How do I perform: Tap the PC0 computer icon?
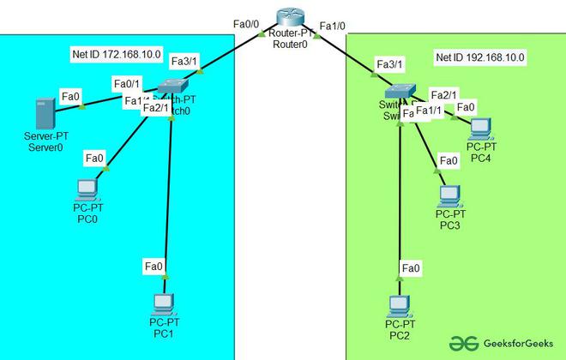pyautogui.click(x=86, y=188)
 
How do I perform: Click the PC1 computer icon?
pyautogui.click(x=160, y=303)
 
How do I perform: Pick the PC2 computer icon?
pyautogui.click(x=399, y=305)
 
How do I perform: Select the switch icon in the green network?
pyautogui.click(x=400, y=92)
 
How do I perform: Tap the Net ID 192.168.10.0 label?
pyautogui.click(x=479, y=58)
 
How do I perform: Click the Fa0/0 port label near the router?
pyautogui.click(x=246, y=24)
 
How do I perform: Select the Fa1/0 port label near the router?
pyautogui.click(x=332, y=26)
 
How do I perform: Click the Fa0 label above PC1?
pyautogui.click(x=154, y=267)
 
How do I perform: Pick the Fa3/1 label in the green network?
pyautogui.click(x=390, y=65)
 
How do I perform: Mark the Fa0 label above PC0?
pyautogui.click(x=93, y=159)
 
